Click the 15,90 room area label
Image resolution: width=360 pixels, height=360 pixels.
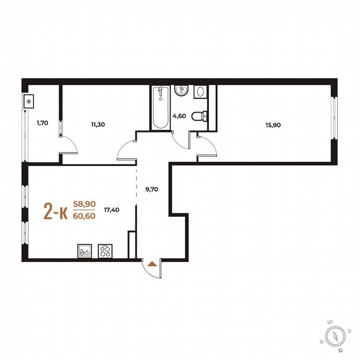[x=273, y=125]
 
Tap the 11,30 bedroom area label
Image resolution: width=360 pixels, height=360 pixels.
[x=98, y=123]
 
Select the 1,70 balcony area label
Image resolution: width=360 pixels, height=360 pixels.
[x=42, y=123]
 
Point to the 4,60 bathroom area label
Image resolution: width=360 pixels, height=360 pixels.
[x=180, y=116]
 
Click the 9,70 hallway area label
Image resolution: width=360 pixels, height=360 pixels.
[x=151, y=189]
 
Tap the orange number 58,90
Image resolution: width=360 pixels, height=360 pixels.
[x=84, y=204]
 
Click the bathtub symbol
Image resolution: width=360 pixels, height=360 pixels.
[x=160, y=107]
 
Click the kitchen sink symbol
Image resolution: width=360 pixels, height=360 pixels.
[x=84, y=251]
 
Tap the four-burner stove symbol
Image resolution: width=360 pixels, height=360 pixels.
[x=105, y=251]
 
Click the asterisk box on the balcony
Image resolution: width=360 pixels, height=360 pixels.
[x=29, y=101]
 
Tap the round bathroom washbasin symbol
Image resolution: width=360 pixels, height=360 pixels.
[x=182, y=90]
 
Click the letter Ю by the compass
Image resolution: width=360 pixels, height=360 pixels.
[x=330, y=322]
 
